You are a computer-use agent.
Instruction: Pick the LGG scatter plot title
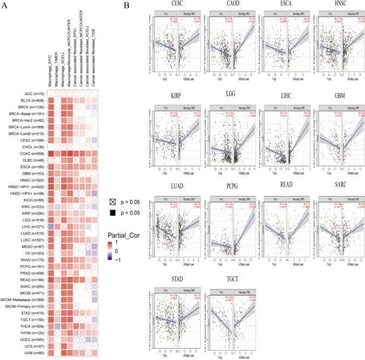233,96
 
